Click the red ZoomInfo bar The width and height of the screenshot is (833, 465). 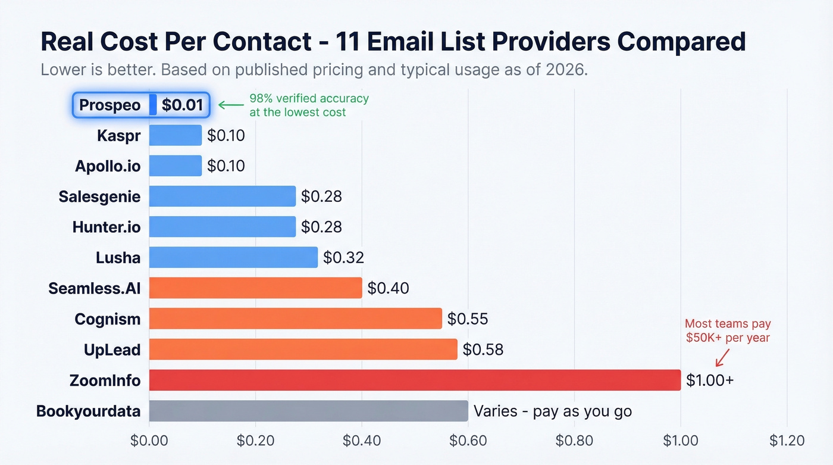(415, 380)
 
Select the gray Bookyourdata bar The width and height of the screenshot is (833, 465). (308, 411)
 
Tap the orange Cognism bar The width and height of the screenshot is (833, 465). (295, 319)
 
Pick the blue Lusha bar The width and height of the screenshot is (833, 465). (233, 257)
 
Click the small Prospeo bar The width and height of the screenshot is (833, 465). (153, 105)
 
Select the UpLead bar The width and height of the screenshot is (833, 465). (303, 349)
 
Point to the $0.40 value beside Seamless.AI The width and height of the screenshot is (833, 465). (388, 288)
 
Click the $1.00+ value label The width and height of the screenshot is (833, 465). (709, 380)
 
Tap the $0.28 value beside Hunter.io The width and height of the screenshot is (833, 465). (321, 227)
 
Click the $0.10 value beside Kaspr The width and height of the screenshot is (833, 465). (226, 135)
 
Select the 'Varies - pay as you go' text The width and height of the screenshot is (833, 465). (552, 411)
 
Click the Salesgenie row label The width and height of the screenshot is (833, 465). (99, 196)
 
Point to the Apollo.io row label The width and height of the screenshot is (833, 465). (108, 166)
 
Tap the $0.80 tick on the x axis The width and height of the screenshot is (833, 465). (574, 441)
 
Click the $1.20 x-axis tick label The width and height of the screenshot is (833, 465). (787, 441)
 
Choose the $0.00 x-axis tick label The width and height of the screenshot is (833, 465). (149, 441)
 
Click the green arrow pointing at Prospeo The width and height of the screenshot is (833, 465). (231, 105)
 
